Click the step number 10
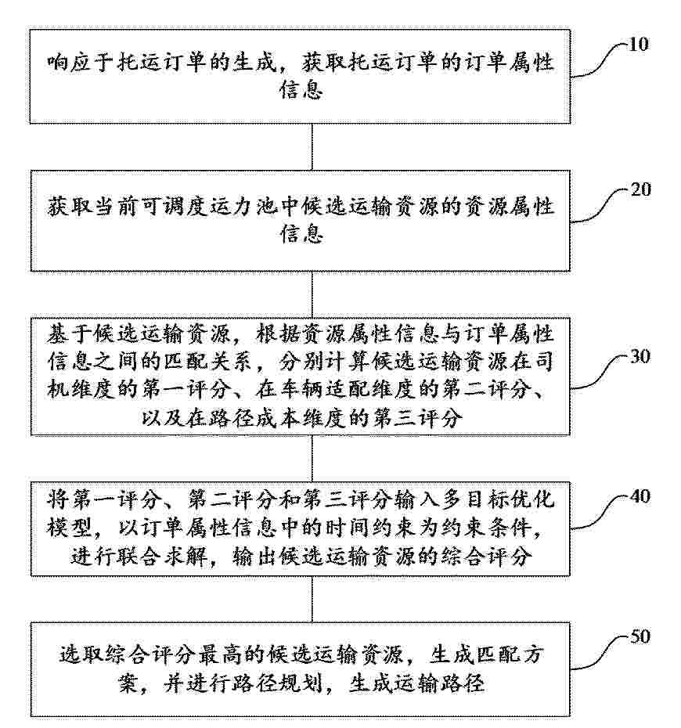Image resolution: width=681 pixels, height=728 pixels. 639,45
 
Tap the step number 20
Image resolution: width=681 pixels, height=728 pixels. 640,189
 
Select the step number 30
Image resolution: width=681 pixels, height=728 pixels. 640,357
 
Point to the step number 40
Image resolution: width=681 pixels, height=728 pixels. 640,496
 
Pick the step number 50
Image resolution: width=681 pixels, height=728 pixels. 640,636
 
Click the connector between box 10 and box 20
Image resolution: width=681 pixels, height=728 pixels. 312,147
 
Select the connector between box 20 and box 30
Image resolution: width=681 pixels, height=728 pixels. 312,295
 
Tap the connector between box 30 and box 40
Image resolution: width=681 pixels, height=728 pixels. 312,459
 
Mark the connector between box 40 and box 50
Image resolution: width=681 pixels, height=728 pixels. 312,600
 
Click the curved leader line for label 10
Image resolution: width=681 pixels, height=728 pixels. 600,60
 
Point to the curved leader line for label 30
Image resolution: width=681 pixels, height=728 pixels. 600,373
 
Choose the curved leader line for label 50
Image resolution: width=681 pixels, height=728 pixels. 600,653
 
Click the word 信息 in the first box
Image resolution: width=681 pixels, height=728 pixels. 301,89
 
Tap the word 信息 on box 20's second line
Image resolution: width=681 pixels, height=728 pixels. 301,233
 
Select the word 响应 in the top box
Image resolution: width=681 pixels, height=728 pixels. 69,61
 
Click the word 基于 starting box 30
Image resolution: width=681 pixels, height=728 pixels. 69,334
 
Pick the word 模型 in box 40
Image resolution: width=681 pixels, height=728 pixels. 69,528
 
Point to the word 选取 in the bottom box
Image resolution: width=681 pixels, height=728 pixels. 81,654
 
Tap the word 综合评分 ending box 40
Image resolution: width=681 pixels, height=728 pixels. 486,556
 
